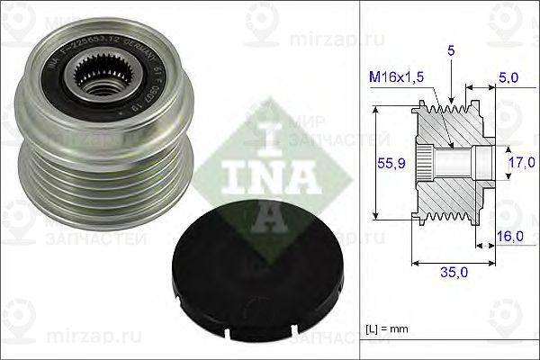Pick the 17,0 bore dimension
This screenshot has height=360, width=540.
[x=520, y=164]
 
